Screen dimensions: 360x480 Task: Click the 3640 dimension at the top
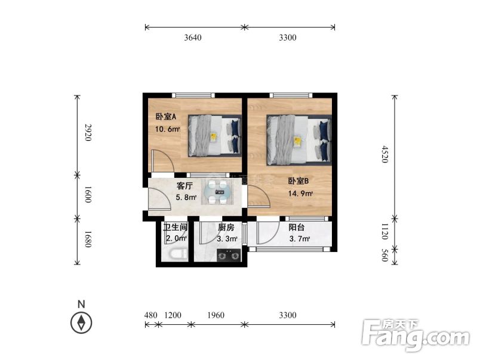(193, 38)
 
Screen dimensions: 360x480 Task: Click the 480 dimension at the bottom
(150, 315)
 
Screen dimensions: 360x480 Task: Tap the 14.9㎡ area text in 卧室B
(301, 193)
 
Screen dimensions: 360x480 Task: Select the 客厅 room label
(184, 186)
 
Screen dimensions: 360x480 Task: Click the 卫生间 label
(176, 227)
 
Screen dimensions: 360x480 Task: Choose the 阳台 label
(297, 227)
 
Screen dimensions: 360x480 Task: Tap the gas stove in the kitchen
(227, 257)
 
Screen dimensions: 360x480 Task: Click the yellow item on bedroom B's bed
(297, 141)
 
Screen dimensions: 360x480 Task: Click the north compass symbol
(81, 323)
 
